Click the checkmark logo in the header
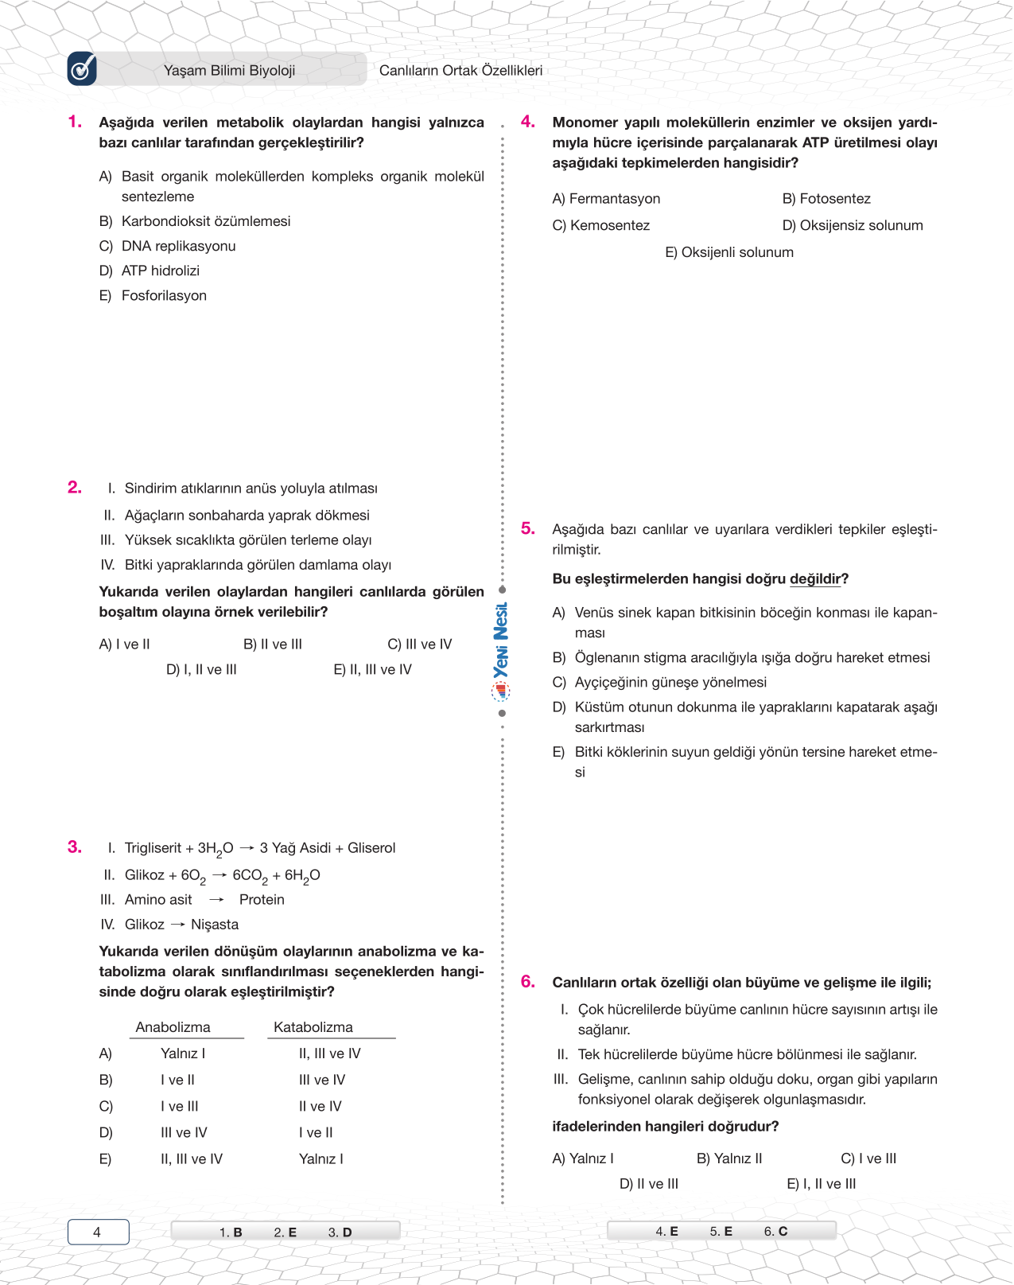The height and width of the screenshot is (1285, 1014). [82, 69]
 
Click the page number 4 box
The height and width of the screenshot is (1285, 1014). [98, 1232]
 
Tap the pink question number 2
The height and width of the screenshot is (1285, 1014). [75, 487]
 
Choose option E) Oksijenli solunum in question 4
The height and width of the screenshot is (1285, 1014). [728, 252]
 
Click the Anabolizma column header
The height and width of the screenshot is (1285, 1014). [173, 1027]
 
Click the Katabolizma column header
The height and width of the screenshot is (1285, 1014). [313, 1027]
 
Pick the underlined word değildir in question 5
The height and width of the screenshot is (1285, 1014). [816, 579]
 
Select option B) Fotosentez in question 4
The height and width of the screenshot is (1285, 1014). [826, 199]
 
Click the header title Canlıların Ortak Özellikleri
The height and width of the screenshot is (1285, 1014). [460, 70]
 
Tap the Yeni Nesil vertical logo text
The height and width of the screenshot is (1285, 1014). [501, 641]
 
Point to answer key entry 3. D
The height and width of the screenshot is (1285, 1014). [340, 1232]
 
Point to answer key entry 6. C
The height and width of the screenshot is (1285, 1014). [775, 1231]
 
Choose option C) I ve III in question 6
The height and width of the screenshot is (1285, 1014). [868, 1158]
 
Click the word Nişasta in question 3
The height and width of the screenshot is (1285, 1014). [215, 925]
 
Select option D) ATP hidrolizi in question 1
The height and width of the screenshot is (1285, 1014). [160, 271]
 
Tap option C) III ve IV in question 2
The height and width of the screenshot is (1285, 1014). [419, 644]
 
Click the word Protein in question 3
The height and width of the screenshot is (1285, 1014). [262, 900]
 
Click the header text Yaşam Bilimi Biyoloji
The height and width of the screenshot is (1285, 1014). [229, 70]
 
